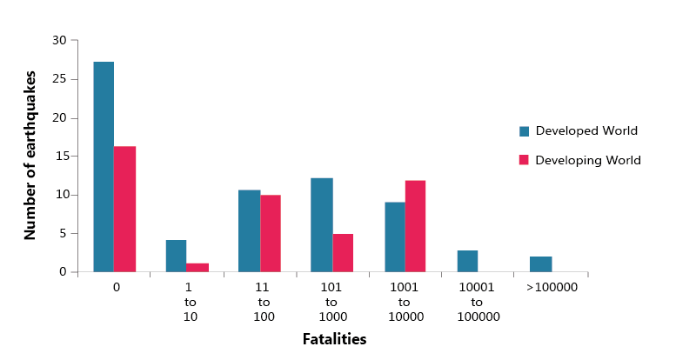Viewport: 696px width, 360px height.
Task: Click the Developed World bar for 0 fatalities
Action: click(104, 167)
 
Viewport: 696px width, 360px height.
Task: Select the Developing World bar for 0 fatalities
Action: click(124, 209)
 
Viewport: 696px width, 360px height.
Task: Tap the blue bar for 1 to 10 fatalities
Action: click(176, 256)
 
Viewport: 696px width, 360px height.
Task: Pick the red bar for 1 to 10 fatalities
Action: click(197, 268)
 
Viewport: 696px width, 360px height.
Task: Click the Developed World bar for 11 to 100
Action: click(249, 230)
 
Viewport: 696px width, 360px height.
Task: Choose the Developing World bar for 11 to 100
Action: click(271, 233)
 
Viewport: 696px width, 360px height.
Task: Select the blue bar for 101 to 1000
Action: click(321, 224)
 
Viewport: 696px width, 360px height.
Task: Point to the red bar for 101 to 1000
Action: click(343, 253)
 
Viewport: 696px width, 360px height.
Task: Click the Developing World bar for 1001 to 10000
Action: click(415, 226)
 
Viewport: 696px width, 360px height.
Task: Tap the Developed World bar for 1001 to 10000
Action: click(394, 237)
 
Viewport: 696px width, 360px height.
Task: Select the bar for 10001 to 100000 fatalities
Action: click(467, 261)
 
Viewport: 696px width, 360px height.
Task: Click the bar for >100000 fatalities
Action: click(540, 264)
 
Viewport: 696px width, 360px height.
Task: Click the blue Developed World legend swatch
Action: click(525, 131)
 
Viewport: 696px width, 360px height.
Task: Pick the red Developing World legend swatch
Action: click(525, 160)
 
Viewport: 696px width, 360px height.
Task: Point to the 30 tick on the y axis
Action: click(60, 40)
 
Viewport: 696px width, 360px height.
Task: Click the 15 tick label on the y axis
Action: click(60, 157)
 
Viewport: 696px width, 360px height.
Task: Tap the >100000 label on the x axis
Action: click(552, 286)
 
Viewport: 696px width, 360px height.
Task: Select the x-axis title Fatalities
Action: click(334, 339)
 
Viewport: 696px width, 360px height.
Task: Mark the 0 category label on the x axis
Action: click(116, 286)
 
